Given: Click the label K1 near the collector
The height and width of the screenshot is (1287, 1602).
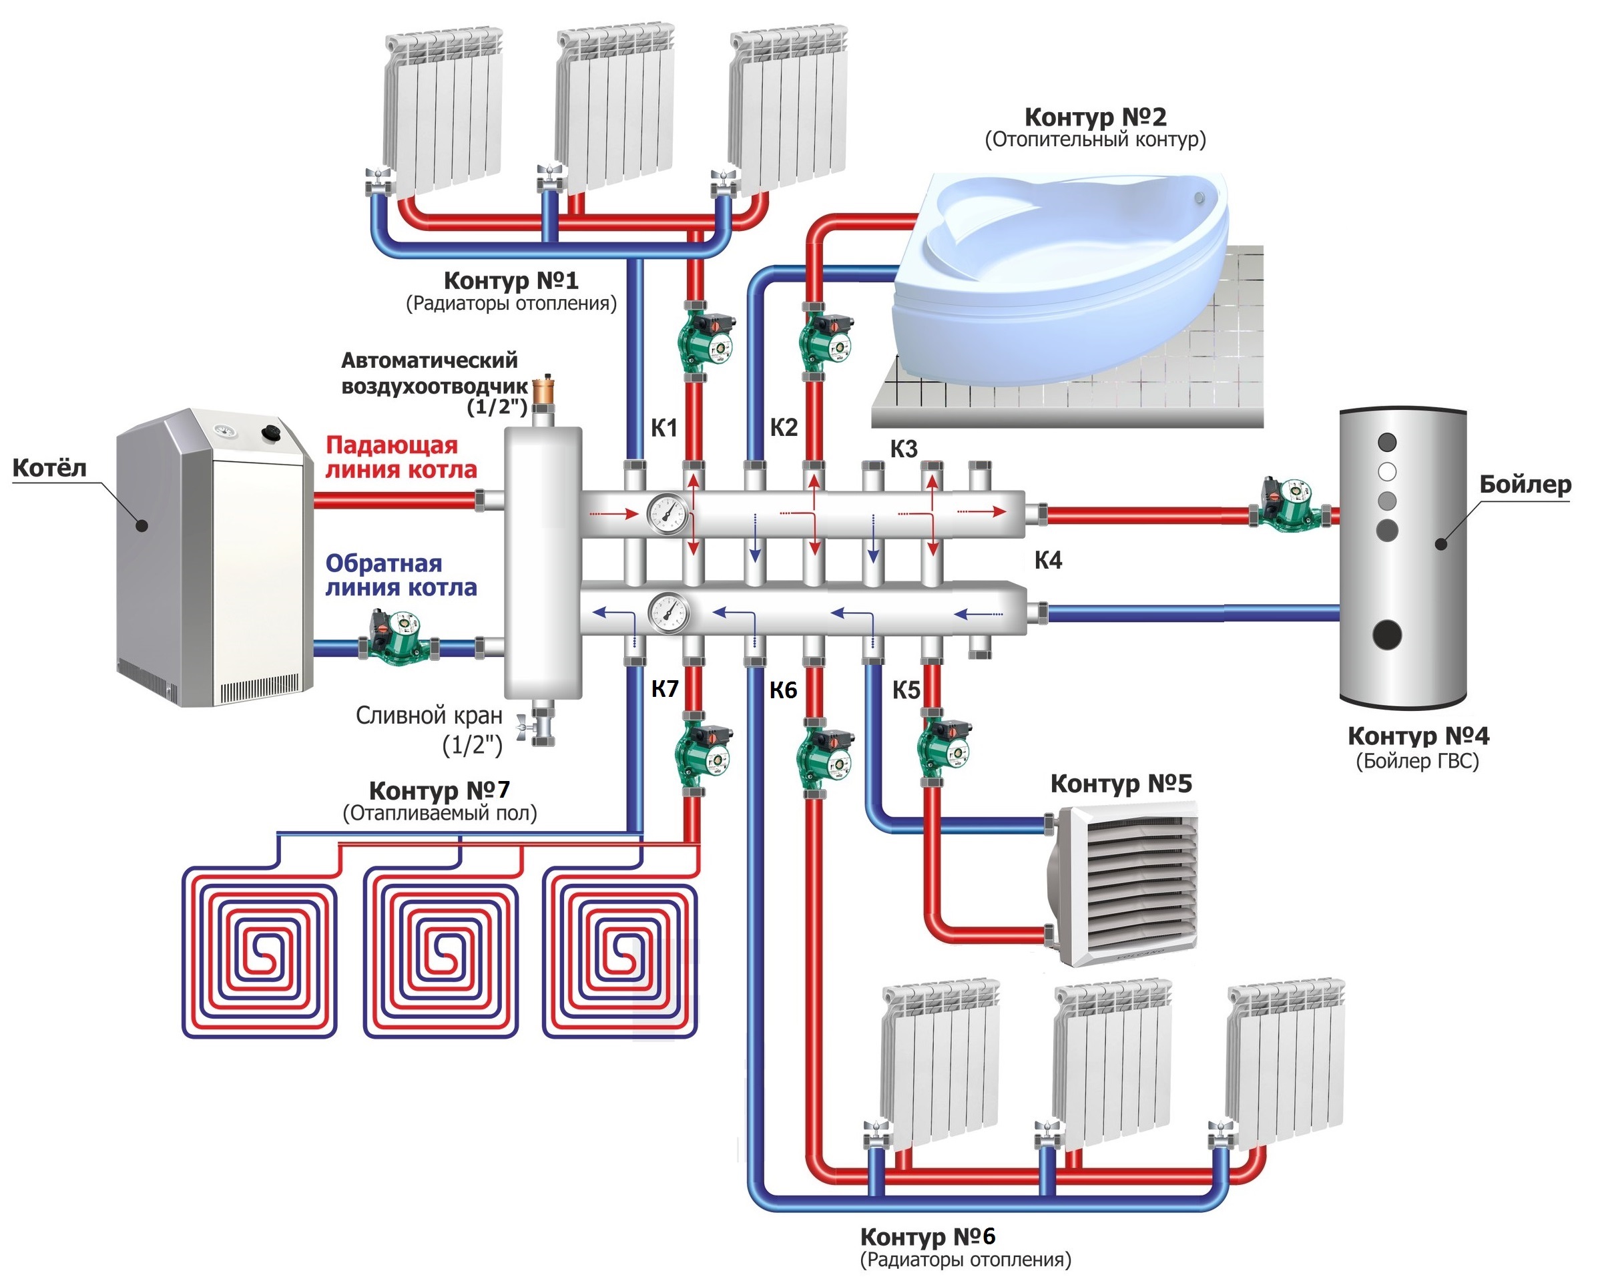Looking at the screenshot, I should point(663,428).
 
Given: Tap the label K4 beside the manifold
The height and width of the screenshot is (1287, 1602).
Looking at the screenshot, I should point(1048,560).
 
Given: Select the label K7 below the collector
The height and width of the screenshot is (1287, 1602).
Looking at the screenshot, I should point(664,689).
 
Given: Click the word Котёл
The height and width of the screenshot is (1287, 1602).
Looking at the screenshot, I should point(50,468).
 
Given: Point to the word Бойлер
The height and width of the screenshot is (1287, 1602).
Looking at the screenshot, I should point(1525,485).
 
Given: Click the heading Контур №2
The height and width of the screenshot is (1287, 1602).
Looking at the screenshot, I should point(1095,117).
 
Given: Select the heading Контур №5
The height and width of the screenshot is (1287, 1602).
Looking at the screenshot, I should point(1121,783).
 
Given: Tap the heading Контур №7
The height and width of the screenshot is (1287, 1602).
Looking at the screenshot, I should point(439,790).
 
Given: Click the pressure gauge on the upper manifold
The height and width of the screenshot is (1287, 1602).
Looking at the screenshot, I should point(668,514).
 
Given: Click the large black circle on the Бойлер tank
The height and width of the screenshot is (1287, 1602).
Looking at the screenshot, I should point(1386,635).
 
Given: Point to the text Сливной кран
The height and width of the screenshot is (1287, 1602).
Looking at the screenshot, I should point(429,716).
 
